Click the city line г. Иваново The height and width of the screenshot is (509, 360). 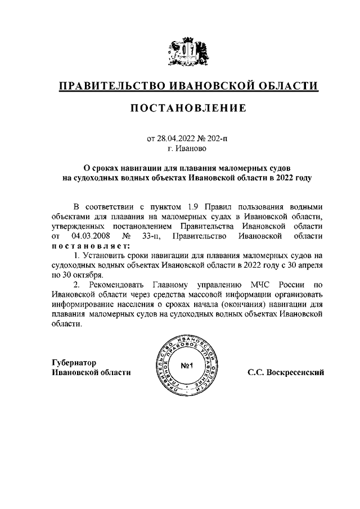tap(187, 149)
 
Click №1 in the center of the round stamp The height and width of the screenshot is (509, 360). tap(187, 367)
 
